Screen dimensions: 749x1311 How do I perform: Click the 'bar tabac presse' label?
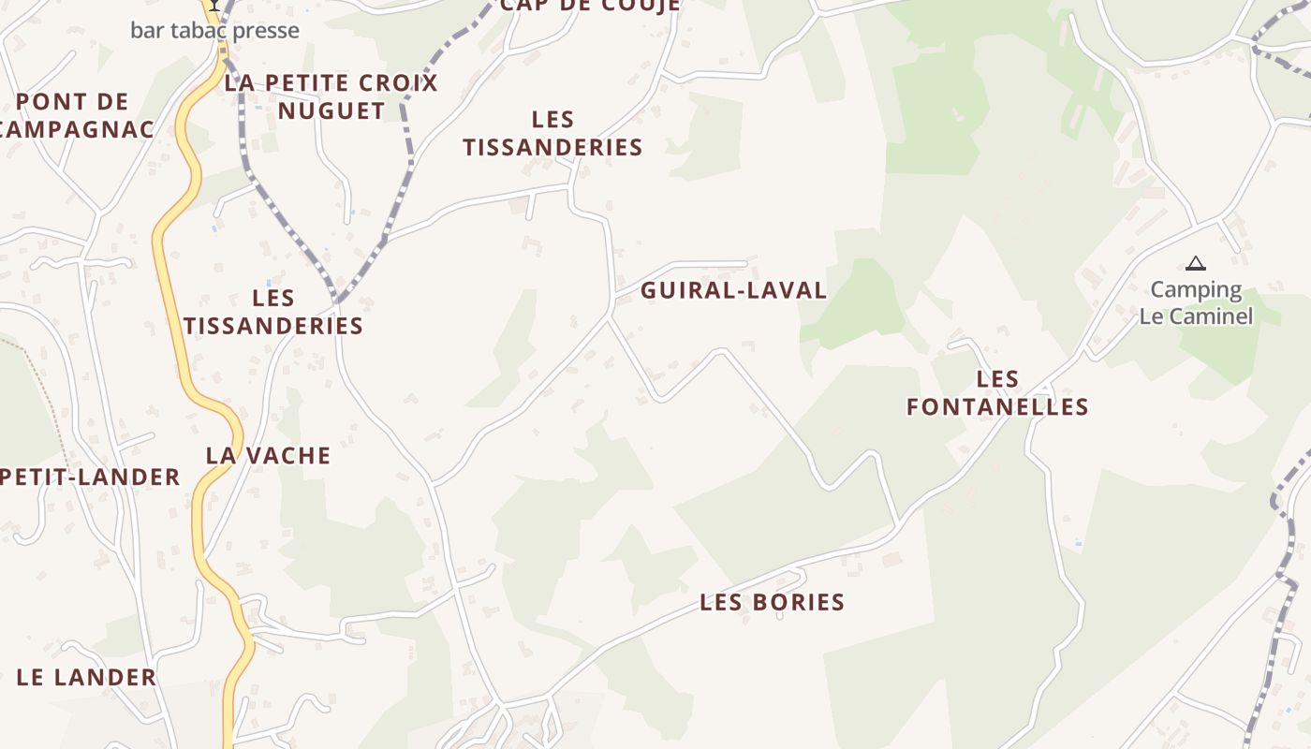click(214, 30)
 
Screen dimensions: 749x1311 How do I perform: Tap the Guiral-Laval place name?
click(733, 290)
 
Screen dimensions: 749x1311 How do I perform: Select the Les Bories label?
click(772, 602)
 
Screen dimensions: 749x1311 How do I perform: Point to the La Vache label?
click(269, 456)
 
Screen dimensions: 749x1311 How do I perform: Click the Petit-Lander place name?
click(91, 477)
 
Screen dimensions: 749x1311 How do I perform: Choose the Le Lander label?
click(86, 677)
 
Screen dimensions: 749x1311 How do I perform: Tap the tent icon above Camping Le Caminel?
click(1195, 264)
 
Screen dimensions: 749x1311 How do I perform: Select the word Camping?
click(1196, 289)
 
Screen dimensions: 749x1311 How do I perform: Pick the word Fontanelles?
click(997, 406)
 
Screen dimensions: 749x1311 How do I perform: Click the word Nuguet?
click(331, 110)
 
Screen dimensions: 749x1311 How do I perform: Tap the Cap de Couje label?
click(590, 6)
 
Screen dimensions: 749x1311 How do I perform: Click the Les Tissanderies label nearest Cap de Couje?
click(552, 134)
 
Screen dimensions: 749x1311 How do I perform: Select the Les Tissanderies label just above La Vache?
click(273, 312)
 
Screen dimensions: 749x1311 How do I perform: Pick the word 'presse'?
click(266, 30)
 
